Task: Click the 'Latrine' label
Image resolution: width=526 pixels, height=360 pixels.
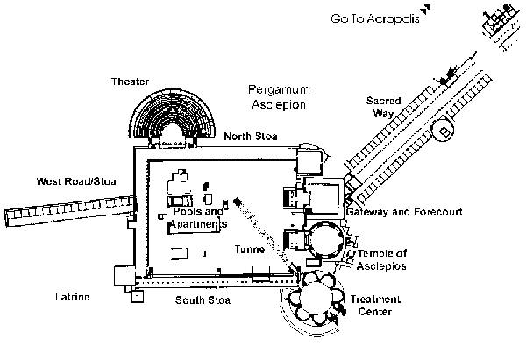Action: click(73, 298)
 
